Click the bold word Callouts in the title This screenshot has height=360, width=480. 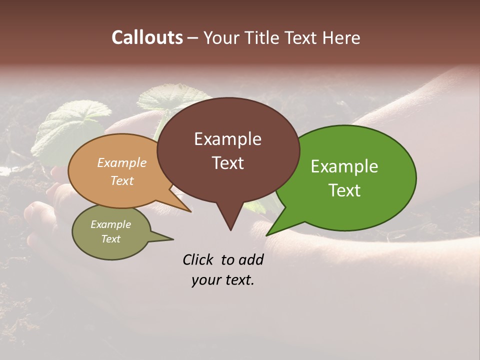147,37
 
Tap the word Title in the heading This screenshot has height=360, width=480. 263,37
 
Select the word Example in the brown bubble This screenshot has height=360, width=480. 227,139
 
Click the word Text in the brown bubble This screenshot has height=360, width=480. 227,163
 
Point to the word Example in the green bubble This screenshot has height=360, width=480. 344,166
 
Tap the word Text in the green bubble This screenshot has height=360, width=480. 344,190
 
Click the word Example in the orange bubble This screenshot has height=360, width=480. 121,163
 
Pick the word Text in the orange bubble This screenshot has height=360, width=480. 121,180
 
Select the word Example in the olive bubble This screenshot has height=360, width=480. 110,224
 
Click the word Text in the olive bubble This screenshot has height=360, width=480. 110,239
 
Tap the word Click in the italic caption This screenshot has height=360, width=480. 198,259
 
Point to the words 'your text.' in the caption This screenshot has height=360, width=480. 222,280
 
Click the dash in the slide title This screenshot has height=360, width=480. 193,38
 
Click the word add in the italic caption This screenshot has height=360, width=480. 250,259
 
